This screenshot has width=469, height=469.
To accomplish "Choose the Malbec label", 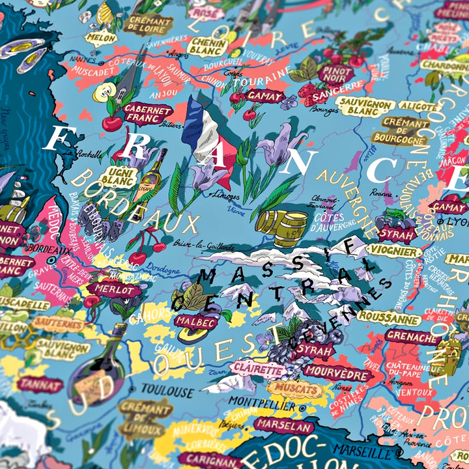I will tap(195, 322).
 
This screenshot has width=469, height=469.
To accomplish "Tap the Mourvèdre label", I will tap(337, 373).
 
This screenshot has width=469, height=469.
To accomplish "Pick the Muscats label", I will tap(295, 389).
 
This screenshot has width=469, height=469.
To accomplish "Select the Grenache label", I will tap(412, 337).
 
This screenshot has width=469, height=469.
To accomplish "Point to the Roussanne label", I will tap(389, 319).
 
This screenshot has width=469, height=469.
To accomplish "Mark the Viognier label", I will tap(393, 251).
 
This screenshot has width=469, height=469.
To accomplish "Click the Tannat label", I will tap(40, 384).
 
